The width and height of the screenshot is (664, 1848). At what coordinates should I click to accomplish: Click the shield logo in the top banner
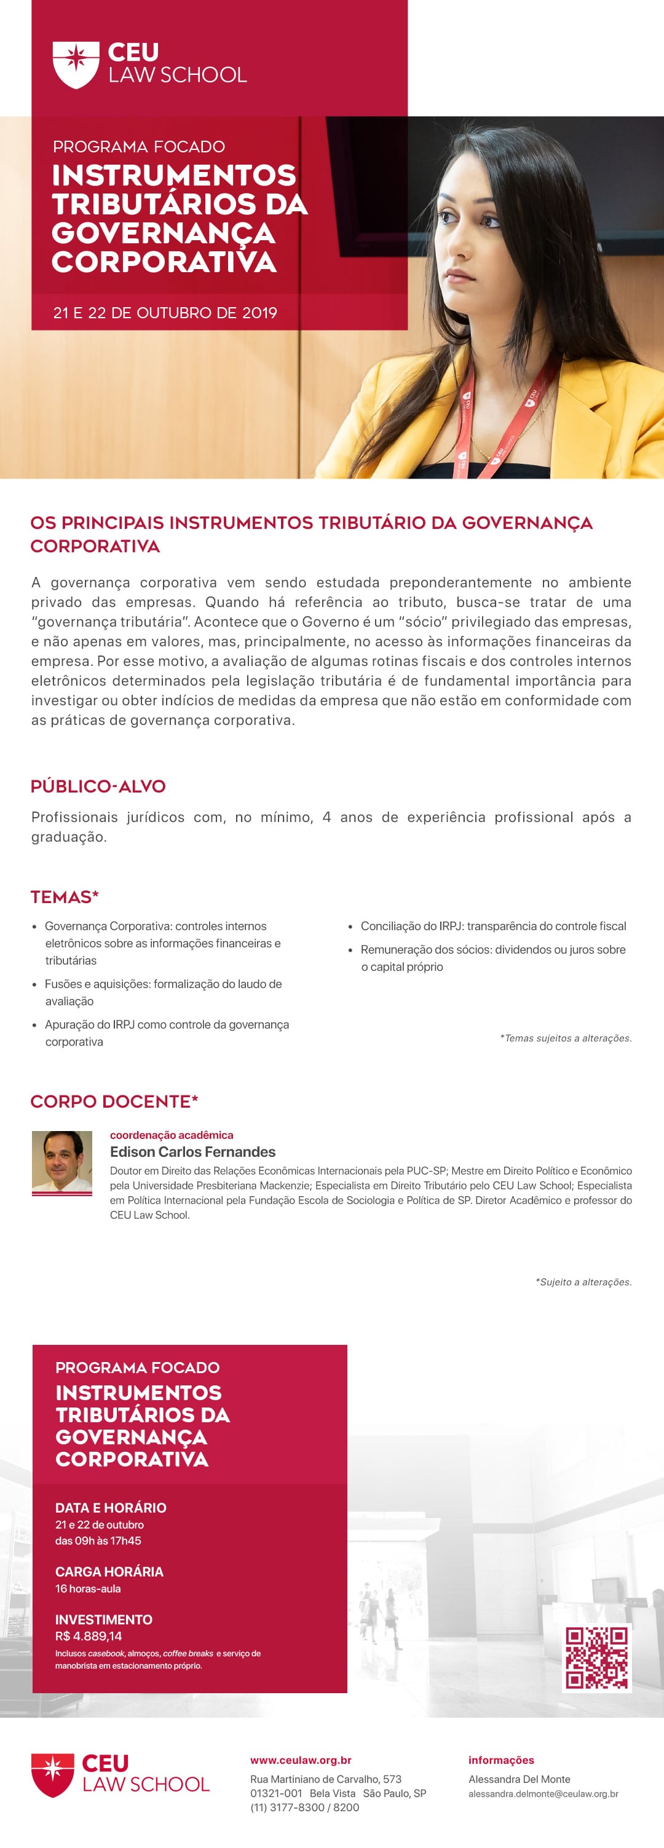click(x=76, y=65)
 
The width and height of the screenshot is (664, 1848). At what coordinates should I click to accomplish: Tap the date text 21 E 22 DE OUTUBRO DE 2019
click(x=165, y=313)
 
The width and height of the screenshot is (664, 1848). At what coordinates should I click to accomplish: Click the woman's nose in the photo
click(x=451, y=251)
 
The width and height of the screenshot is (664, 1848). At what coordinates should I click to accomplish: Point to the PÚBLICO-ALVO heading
click(x=98, y=786)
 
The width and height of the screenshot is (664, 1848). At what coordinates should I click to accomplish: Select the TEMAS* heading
click(x=65, y=897)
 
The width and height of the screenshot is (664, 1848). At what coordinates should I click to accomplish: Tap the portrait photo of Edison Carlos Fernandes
click(x=61, y=1162)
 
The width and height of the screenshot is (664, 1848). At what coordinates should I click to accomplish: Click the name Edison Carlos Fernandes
click(x=192, y=1151)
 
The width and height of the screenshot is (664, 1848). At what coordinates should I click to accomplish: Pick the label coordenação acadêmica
click(x=172, y=1135)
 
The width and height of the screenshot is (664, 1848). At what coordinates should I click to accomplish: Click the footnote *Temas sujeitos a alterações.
click(x=566, y=1038)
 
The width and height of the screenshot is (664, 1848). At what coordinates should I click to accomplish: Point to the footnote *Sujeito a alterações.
click(x=583, y=1282)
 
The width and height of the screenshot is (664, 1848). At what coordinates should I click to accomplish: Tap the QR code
click(x=596, y=1657)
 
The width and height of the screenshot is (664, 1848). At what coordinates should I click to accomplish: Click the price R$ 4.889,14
click(x=89, y=1637)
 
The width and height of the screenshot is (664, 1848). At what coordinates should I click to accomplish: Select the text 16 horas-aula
click(x=87, y=1588)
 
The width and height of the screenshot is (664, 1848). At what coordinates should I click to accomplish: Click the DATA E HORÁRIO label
click(x=111, y=1507)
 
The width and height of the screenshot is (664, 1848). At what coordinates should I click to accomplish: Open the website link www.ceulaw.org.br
click(x=301, y=1760)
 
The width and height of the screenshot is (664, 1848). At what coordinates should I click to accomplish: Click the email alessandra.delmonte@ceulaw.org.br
click(x=543, y=1793)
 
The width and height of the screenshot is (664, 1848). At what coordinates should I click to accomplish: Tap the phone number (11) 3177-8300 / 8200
click(x=304, y=1807)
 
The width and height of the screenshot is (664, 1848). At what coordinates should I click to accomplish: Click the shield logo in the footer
click(x=52, y=1775)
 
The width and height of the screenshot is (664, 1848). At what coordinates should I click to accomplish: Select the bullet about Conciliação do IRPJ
click(x=493, y=926)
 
